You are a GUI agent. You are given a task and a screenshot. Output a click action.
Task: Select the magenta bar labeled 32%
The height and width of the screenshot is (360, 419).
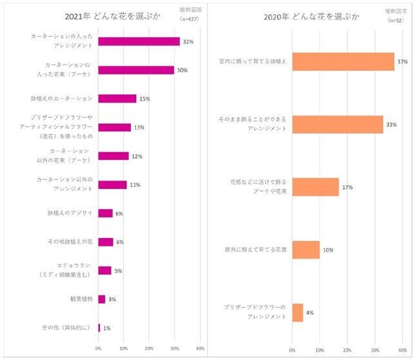tap(139, 41)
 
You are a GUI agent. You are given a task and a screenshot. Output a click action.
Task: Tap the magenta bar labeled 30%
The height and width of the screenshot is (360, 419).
tap(136, 70)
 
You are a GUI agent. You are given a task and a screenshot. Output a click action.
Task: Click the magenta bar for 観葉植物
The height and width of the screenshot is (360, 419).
tap(101, 299)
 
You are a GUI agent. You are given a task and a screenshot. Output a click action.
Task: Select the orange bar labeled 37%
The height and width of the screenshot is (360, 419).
tap(343, 62)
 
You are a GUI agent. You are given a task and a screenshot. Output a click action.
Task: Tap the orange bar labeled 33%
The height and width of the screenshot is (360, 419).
tap(337, 125)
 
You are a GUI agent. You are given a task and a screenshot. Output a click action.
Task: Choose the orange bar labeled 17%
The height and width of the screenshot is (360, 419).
tap(315, 187)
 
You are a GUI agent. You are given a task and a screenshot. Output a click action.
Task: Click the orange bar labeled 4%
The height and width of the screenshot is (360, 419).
tap(297, 312)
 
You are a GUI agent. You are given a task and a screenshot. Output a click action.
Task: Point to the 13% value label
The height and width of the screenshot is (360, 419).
tap(139, 128)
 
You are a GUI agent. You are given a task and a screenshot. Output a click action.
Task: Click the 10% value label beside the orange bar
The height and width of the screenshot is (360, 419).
tap(329, 250)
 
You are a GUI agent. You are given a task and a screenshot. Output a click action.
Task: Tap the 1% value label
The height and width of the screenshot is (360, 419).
tap(107, 328)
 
